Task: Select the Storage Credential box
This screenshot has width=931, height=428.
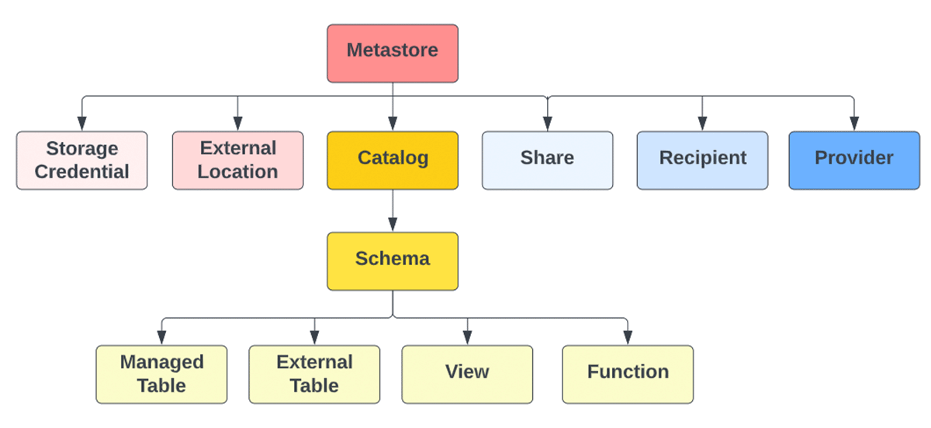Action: [x=81, y=160]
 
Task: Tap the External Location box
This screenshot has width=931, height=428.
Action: [x=237, y=160]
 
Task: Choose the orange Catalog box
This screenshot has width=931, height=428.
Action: [x=393, y=160]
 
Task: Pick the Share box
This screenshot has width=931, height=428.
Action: [x=547, y=160]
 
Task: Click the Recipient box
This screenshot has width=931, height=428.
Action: [x=702, y=160]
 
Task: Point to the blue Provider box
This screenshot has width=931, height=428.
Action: [x=853, y=160]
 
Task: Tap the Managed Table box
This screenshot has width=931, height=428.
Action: [x=161, y=374]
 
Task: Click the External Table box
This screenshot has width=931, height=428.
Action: [x=314, y=374]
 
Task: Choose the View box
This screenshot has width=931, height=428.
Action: [x=467, y=374]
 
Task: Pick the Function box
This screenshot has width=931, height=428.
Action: [x=628, y=374]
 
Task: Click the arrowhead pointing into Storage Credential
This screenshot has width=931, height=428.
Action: [x=81, y=124]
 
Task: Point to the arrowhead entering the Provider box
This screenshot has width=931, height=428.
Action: [x=853, y=124]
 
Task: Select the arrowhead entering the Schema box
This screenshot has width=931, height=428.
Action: [x=393, y=225]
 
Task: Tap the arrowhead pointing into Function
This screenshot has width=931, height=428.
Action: [x=628, y=338]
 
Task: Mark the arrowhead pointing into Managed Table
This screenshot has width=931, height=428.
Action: [x=161, y=338]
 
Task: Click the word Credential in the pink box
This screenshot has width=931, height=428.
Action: [x=81, y=171]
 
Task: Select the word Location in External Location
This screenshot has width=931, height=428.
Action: [x=237, y=171]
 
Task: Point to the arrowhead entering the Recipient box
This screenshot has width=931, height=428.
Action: [x=702, y=124]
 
